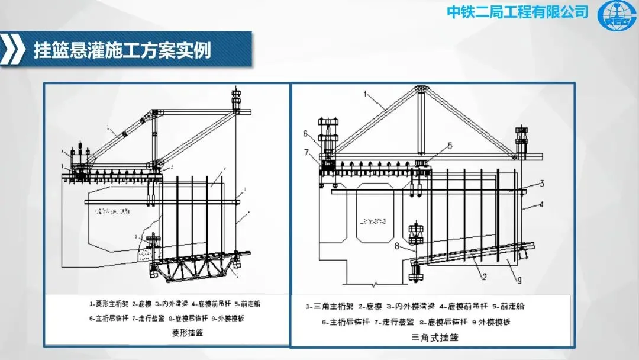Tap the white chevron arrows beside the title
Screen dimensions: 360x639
click(x=13, y=50)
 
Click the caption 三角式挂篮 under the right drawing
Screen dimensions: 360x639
click(x=434, y=337)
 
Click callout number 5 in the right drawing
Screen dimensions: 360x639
click(x=450, y=145)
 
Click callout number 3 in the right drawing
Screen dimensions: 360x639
click(x=541, y=184)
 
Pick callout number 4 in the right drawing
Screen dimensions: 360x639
click(x=541, y=205)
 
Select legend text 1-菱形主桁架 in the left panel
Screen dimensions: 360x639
click(x=109, y=304)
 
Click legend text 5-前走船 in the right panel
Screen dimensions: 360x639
click(x=511, y=307)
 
